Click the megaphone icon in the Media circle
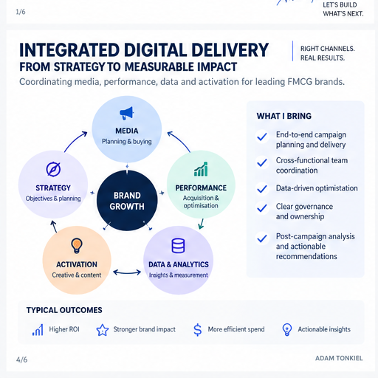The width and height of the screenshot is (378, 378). (127, 113)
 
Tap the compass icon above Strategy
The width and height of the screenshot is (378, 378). (53, 169)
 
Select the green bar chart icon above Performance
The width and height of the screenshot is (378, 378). (201, 169)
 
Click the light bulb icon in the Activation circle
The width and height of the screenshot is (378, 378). (77, 245)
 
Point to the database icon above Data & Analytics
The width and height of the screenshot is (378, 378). (178, 245)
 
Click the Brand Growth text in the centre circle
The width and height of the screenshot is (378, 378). (127, 201)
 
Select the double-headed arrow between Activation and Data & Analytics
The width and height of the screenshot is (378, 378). (127, 272)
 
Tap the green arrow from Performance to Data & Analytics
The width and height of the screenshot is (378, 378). (202, 224)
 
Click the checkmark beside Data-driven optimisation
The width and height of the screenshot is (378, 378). (262, 189)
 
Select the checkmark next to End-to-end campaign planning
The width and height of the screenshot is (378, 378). (262, 137)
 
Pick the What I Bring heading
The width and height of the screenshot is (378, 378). (284, 116)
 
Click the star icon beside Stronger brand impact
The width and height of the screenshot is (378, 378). (103, 330)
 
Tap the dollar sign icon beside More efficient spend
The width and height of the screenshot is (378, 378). (197, 330)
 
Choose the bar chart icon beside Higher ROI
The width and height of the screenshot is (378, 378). (38, 330)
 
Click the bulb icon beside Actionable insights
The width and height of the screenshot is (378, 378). (287, 330)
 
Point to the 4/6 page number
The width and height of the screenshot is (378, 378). (21, 360)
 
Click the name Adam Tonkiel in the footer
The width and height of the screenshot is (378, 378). (339, 358)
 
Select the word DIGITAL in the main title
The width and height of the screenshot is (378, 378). (155, 50)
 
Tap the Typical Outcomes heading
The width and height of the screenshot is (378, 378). (64, 310)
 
